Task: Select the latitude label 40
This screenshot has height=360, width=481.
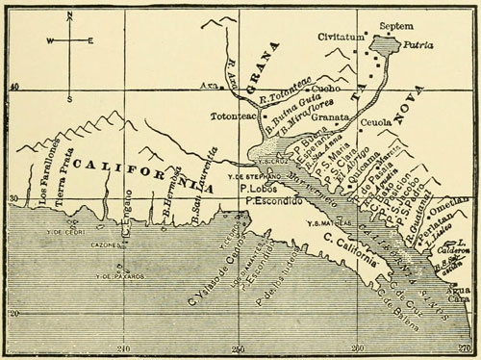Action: pyautogui.click(x=13, y=88)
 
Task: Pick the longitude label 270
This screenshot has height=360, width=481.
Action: pyautogui.click(x=466, y=349)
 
